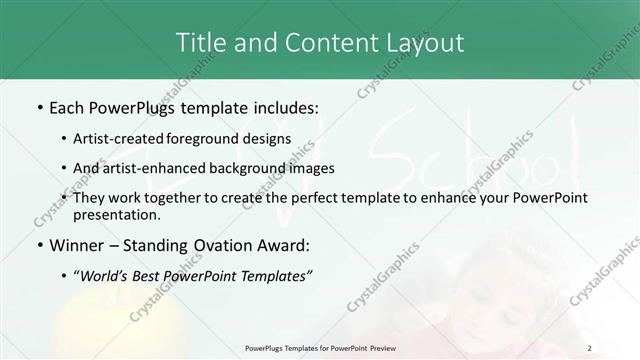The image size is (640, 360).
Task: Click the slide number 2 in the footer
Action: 589,347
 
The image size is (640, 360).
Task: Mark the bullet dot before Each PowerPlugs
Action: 39,106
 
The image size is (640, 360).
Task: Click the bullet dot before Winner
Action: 39,245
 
